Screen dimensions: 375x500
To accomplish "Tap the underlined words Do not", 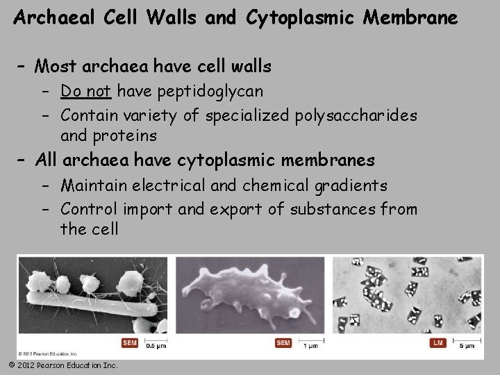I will click(x=87, y=91).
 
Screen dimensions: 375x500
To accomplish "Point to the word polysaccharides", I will click(x=356, y=115).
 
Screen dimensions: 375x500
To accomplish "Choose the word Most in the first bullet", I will click(x=56, y=67).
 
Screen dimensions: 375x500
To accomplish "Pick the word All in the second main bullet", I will click(x=46, y=160).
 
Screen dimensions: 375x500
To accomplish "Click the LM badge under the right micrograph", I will click(x=437, y=343).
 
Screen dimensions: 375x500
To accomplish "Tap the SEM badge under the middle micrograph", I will click(x=283, y=343).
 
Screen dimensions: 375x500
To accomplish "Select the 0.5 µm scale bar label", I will click(x=156, y=345).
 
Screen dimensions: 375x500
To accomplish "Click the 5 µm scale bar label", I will click(x=467, y=345).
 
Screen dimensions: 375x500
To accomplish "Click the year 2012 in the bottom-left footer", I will click(x=26, y=365).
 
